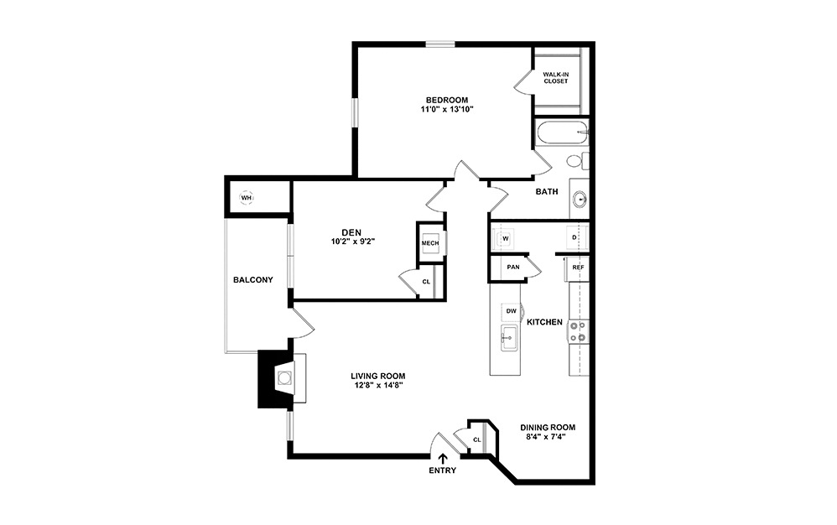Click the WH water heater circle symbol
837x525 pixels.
click(x=247, y=198)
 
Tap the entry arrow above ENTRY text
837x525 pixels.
click(x=443, y=457)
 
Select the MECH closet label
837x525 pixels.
click(x=430, y=243)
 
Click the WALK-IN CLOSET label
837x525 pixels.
click(x=555, y=77)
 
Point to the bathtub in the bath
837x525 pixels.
click(x=561, y=133)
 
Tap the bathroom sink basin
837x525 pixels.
click(x=580, y=200)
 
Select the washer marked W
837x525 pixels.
click(x=506, y=238)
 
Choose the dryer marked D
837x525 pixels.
click(x=574, y=238)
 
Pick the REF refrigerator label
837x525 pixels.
click(x=577, y=267)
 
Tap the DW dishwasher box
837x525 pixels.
click(x=511, y=311)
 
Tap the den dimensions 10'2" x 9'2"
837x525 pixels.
click(x=351, y=242)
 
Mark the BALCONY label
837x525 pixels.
click(x=253, y=280)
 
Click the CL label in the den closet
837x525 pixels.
click(x=426, y=282)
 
